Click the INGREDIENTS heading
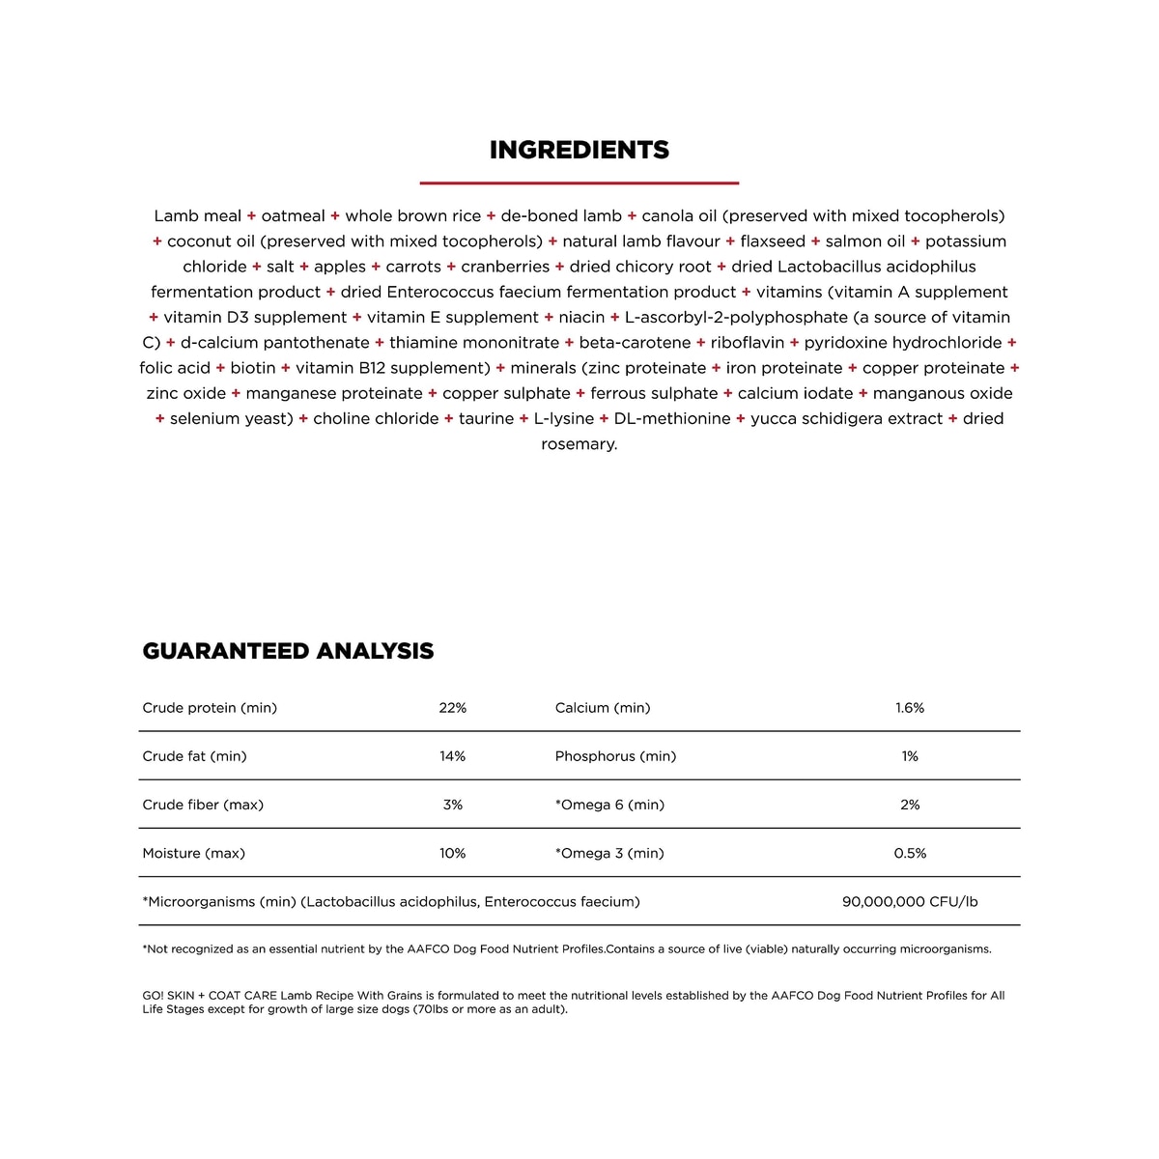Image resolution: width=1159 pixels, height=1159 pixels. (x=579, y=150)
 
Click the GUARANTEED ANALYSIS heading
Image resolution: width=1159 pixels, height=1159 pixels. (x=288, y=651)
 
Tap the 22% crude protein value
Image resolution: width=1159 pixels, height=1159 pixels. (x=452, y=708)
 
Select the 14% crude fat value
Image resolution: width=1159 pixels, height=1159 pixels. (x=452, y=756)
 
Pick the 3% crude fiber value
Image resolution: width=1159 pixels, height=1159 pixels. (x=452, y=805)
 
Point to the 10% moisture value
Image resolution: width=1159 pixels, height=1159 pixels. (x=452, y=853)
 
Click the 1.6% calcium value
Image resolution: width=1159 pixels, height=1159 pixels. (x=909, y=708)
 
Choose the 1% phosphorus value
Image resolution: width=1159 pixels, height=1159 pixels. (x=909, y=756)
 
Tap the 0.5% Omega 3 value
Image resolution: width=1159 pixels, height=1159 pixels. (x=909, y=853)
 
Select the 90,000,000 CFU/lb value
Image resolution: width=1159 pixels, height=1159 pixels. (x=909, y=901)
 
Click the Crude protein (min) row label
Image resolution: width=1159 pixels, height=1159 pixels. (x=210, y=708)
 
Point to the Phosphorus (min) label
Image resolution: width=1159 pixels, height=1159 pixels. (x=615, y=756)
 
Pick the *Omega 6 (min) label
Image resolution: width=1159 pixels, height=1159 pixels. (x=609, y=805)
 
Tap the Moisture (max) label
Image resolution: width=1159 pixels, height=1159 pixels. (x=193, y=853)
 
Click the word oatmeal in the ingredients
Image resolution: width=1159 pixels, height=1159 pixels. (x=293, y=215)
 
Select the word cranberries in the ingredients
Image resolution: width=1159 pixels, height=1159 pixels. (x=505, y=267)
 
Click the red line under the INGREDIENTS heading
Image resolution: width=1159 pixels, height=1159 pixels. (x=579, y=182)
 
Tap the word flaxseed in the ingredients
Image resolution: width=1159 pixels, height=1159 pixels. (x=772, y=241)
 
